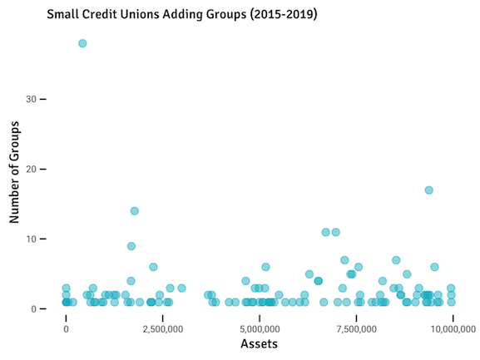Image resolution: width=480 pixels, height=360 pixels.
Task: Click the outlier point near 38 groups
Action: point(82,43)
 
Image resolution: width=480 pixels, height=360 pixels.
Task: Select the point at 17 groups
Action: point(428,190)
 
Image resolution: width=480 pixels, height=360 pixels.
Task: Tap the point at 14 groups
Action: point(134,211)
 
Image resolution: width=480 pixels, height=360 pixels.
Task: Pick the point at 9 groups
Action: point(131,246)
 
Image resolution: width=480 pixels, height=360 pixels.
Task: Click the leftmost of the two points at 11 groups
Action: point(326,232)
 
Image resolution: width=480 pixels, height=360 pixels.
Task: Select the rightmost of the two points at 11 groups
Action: point(336,232)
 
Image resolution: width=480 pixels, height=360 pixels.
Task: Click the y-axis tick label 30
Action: point(31,99)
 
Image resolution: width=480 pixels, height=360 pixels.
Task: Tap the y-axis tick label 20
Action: point(31,169)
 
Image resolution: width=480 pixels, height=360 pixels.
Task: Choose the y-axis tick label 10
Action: point(31,239)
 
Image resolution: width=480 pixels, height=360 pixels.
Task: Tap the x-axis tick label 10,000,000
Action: point(449,328)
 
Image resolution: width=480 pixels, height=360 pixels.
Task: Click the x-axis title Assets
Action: point(259,344)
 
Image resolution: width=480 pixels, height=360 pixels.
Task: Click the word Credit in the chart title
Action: point(99,15)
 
